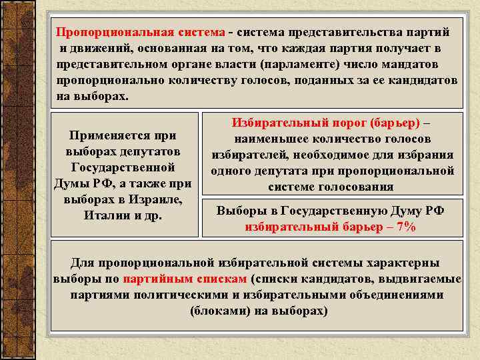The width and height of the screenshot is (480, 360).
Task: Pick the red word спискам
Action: coord(220,279)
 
